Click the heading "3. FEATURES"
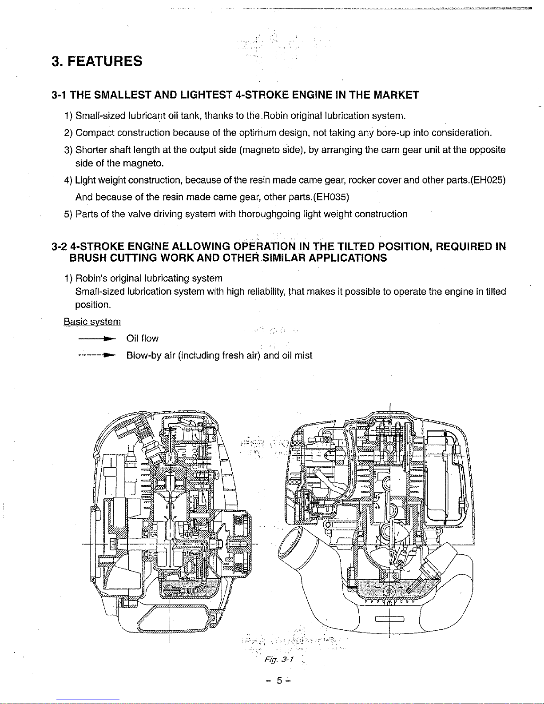97,61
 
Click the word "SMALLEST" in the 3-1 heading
123,95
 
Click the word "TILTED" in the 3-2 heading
356,247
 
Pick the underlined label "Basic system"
92,322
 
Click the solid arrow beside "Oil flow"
97,339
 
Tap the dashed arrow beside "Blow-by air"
97,355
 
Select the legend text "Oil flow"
143,338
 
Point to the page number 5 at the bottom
279,680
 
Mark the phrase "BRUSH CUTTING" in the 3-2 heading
113,258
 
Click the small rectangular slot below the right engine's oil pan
389,619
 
